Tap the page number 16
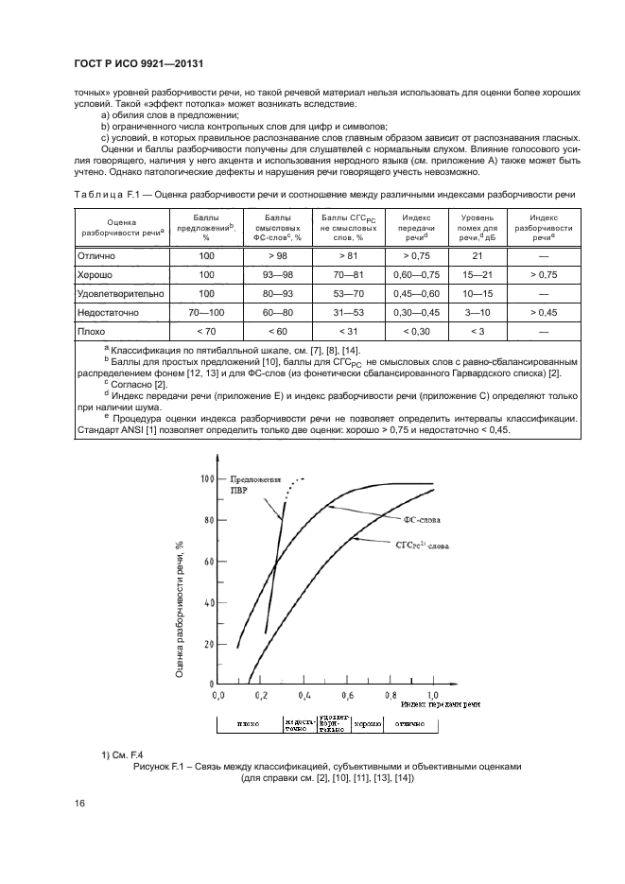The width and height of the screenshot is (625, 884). tap(80, 804)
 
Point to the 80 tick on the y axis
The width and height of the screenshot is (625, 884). tap(208, 519)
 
